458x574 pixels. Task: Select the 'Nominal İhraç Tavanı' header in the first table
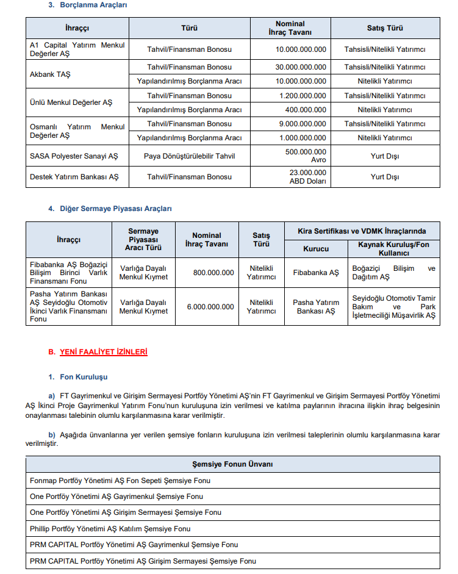(290, 28)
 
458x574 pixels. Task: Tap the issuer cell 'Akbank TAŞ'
(49, 74)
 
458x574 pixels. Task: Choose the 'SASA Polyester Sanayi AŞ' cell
(74, 156)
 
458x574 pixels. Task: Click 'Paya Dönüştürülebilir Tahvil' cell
(189, 156)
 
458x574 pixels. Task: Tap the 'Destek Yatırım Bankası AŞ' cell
(74, 177)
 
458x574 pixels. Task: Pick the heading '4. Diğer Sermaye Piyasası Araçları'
(110, 209)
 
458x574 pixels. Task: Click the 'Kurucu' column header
(316, 249)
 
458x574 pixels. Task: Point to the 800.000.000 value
(213, 273)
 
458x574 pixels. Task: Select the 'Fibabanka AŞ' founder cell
(316, 273)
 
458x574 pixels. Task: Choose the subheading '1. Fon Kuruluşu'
(84, 377)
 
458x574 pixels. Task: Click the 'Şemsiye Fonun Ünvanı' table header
(232, 464)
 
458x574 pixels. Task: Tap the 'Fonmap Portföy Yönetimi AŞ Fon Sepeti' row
(120, 481)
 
